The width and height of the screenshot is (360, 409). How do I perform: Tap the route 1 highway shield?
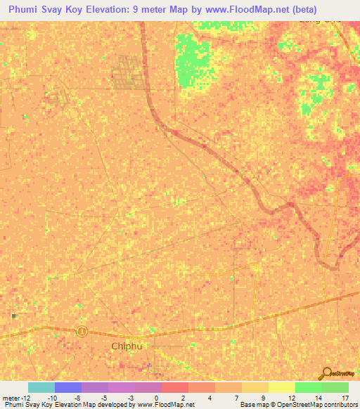pos(82,331)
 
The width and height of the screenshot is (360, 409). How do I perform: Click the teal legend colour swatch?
pos(41,387)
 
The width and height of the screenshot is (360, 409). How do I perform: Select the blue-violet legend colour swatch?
pos(68,387)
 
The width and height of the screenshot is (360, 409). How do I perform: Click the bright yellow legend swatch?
pos(282,387)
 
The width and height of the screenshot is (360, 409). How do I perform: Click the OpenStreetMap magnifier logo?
pos(326,373)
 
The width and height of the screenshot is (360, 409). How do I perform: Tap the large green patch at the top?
pos(192,60)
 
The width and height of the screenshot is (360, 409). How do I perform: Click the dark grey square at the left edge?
pos(13,316)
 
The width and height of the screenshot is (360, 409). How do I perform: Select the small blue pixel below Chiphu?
pos(148,365)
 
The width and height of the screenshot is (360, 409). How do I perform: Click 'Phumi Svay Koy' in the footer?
pos(27,405)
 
